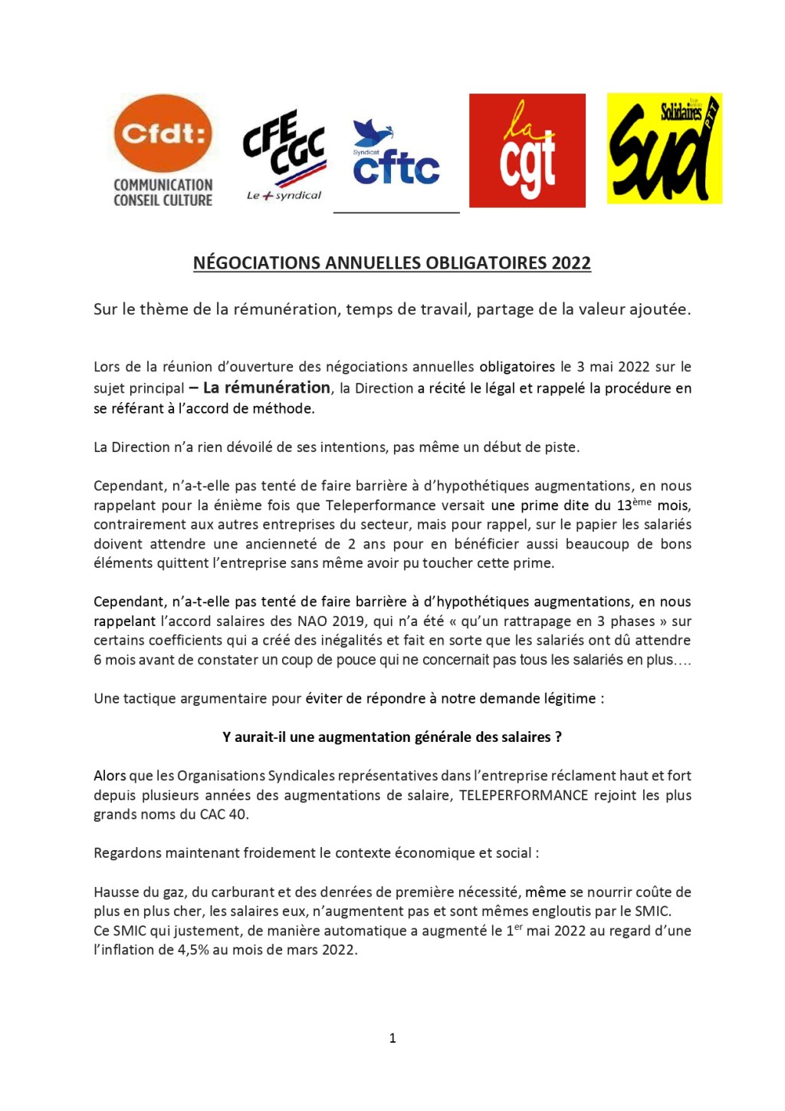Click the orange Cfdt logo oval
click(x=163, y=134)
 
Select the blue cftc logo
click(x=396, y=157)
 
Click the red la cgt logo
click(x=527, y=150)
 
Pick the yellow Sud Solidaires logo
click(x=664, y=149)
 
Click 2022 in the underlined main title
click(x=571, y=263)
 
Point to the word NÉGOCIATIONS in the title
click(x=257, y=263)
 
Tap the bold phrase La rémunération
click(x=266, y=387)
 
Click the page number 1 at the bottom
click(x=392, y=1038)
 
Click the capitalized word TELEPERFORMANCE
click(x=524, y=796)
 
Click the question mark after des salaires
click(x=558, y=737)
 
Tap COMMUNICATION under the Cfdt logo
click(x=163, y=185)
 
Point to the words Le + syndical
click(x=284, y=196)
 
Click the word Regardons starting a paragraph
click(x=126, y=853)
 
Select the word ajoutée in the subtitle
click(x=659, y=309)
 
